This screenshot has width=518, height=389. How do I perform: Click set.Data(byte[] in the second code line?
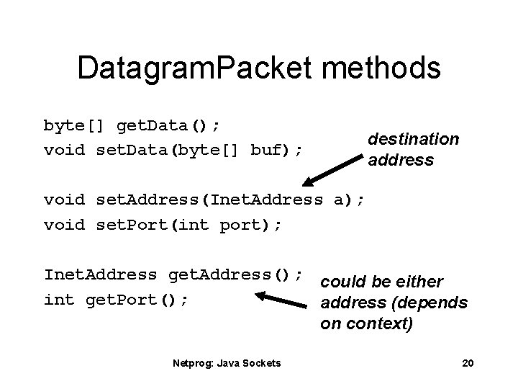pos(168,150)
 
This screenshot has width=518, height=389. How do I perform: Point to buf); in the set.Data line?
pos(276,150)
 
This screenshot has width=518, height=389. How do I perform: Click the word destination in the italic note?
pos(413,139)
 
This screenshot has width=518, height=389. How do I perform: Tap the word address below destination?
pos(401,160)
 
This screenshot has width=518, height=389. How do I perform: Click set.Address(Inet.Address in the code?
pos(209,199)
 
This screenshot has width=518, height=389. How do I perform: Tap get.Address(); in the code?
pos(235,274)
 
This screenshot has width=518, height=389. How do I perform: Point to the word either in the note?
pos(420,282)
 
